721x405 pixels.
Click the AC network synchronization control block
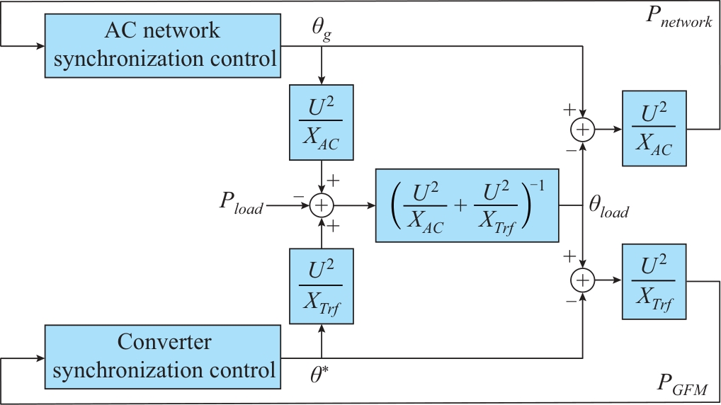click(165, 45)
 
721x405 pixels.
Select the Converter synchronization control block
click(164, 357)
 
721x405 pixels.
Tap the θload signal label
click(608, 209)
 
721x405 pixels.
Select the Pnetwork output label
click(678, 20)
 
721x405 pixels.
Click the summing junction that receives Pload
click(322, 205)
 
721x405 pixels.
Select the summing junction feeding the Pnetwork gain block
click(582, 130)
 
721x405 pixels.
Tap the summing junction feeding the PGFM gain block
click(582, 281)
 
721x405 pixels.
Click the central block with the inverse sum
click(467, 206)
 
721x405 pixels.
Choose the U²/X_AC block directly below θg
click(322, 122)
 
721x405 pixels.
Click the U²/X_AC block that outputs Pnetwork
click(654, 129)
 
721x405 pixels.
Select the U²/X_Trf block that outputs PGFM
click(654, 281)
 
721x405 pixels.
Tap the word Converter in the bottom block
click(164, 342)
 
